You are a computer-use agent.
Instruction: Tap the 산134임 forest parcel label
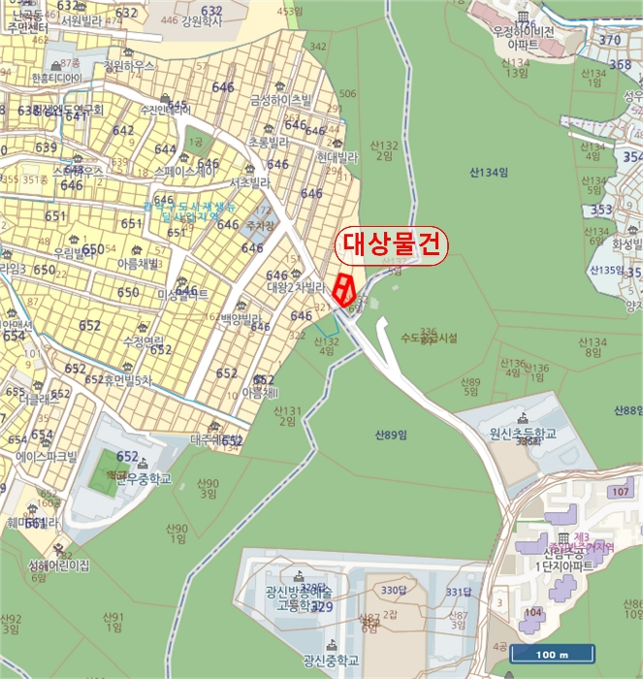(488, 173)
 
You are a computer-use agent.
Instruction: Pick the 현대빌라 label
(337, 156)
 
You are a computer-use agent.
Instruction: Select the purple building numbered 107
(620, 492)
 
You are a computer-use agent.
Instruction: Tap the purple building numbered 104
(533, 612)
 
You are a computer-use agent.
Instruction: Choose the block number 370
(609, 40)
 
